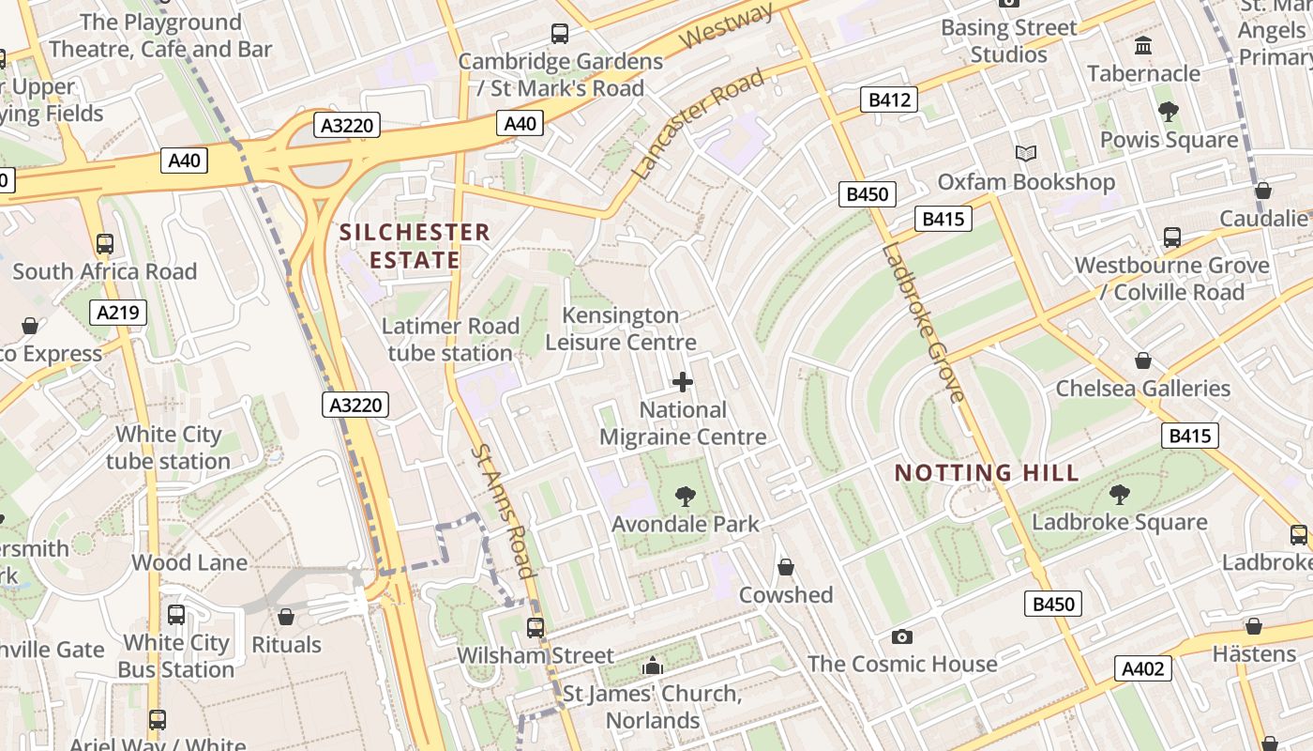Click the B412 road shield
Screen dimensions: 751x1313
889,100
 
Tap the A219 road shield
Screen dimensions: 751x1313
119,313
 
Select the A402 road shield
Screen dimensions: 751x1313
1143,668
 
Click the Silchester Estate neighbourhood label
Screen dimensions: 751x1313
415,246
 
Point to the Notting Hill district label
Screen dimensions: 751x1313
987,472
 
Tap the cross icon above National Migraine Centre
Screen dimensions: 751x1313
683,382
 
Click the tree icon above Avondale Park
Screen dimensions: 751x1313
686,497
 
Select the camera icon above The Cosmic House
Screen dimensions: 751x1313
902,636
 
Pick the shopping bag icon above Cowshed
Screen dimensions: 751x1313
786,567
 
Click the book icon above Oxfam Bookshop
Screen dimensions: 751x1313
1026,153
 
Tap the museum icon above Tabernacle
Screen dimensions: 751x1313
1143,45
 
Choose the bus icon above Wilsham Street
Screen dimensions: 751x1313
536,627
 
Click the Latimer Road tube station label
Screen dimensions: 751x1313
450,340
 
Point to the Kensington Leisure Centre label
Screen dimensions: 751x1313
621,329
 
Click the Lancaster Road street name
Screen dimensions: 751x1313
698,125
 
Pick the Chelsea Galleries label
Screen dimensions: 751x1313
1142,389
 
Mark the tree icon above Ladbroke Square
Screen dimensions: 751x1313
1119,495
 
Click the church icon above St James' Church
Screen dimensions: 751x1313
652,667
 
